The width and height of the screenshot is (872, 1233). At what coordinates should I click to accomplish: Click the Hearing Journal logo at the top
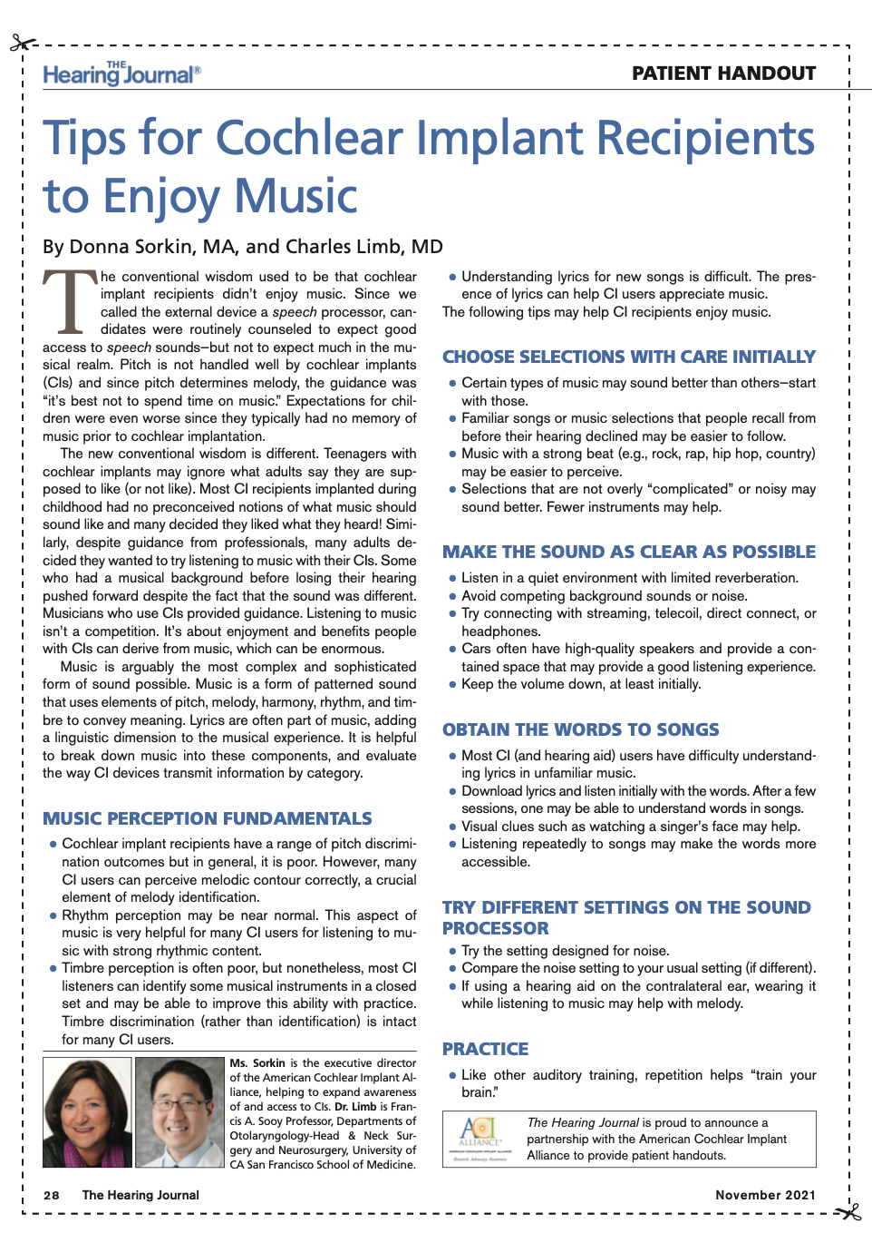point(121,73)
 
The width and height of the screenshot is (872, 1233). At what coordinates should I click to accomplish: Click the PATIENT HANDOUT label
point(723,73)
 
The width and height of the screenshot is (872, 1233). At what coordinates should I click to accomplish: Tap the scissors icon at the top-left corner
point(23,44)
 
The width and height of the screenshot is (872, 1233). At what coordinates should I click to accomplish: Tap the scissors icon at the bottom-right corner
point(849,1211)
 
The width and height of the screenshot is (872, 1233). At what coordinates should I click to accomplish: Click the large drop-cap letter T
point(70,302)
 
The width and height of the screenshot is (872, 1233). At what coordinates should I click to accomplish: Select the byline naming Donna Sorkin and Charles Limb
point(243,247)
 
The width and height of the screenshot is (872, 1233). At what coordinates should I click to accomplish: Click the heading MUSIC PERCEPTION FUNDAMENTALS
point(208,818)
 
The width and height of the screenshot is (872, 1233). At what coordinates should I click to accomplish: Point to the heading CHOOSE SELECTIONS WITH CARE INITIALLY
point(628,357)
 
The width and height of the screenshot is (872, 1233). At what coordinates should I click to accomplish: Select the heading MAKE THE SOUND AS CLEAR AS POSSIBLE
point(628,552)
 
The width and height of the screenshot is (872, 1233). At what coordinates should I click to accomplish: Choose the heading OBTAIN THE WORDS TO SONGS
point(580,729)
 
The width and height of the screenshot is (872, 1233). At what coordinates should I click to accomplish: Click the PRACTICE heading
point(485,1049)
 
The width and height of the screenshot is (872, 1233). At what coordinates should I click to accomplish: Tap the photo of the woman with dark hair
point(87,1111)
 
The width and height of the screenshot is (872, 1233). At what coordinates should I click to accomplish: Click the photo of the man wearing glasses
point(179,1111)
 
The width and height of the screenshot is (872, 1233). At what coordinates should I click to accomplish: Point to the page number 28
point(52,1195)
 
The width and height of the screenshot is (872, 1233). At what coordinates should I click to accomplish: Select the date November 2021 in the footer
point(765,1195)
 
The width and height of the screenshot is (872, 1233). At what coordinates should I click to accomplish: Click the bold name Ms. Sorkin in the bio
point(257,1063)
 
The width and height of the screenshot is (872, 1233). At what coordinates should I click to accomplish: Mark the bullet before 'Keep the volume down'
point(452,684)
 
